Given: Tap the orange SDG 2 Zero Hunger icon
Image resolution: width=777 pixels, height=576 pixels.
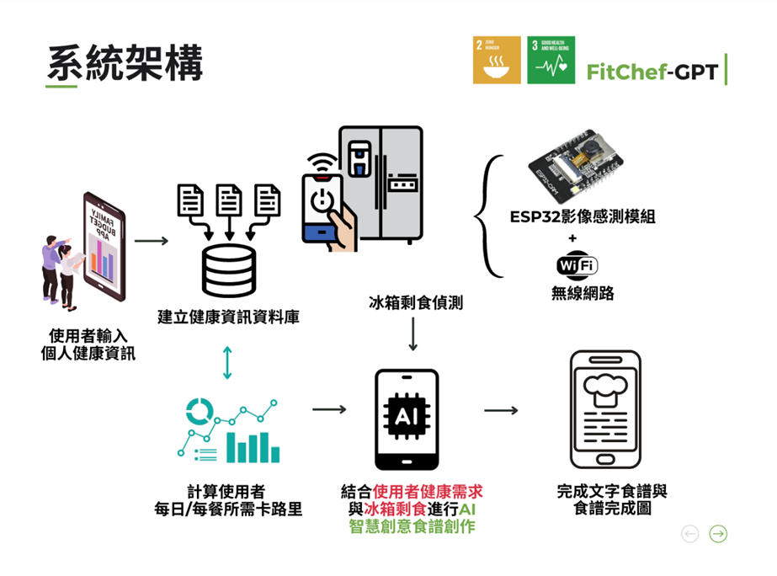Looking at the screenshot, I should (x=497, y=60).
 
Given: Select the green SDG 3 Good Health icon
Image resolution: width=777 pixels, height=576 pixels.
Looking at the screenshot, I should (x=551, y=60).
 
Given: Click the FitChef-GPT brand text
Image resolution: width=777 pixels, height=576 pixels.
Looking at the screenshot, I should (x=652, y=72).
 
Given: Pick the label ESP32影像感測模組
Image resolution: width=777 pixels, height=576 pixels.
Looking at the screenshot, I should (x=582, y=216).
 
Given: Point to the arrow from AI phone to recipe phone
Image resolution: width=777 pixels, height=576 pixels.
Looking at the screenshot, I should (x=500, y=410).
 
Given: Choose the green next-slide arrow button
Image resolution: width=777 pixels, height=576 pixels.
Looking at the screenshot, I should (x=717, y=534).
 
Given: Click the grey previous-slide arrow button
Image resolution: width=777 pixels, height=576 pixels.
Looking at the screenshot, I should (x=690, y=534).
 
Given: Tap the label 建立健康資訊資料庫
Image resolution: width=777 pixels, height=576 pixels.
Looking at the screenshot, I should (x=228, y=317).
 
